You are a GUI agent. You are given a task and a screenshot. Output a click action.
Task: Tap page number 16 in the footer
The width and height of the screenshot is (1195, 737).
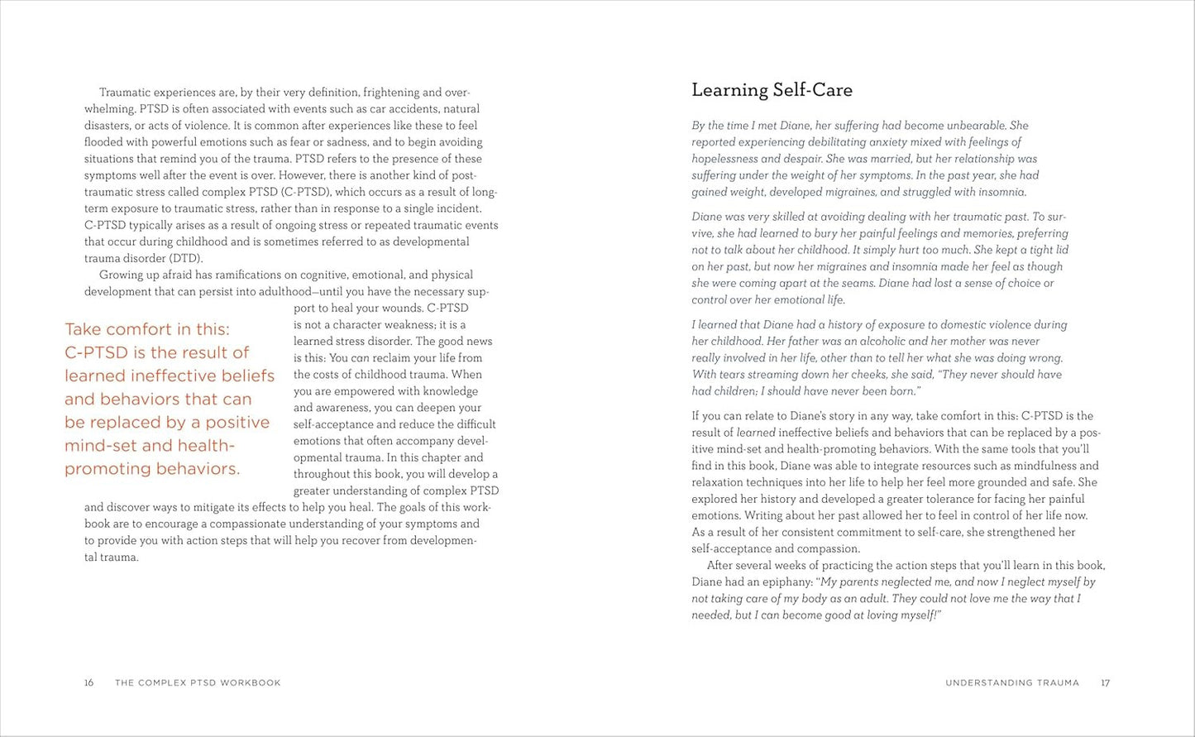point(89,683)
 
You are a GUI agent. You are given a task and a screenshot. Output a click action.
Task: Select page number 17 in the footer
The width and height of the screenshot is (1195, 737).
point(1106,683)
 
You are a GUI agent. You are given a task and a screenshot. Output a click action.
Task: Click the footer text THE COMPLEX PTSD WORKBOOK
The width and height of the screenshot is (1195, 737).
point(198,683)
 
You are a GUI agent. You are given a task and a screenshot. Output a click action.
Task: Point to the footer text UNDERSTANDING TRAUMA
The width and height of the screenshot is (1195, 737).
point(1012,683)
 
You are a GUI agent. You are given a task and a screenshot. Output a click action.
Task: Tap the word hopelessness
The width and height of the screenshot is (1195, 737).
point(724,159)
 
